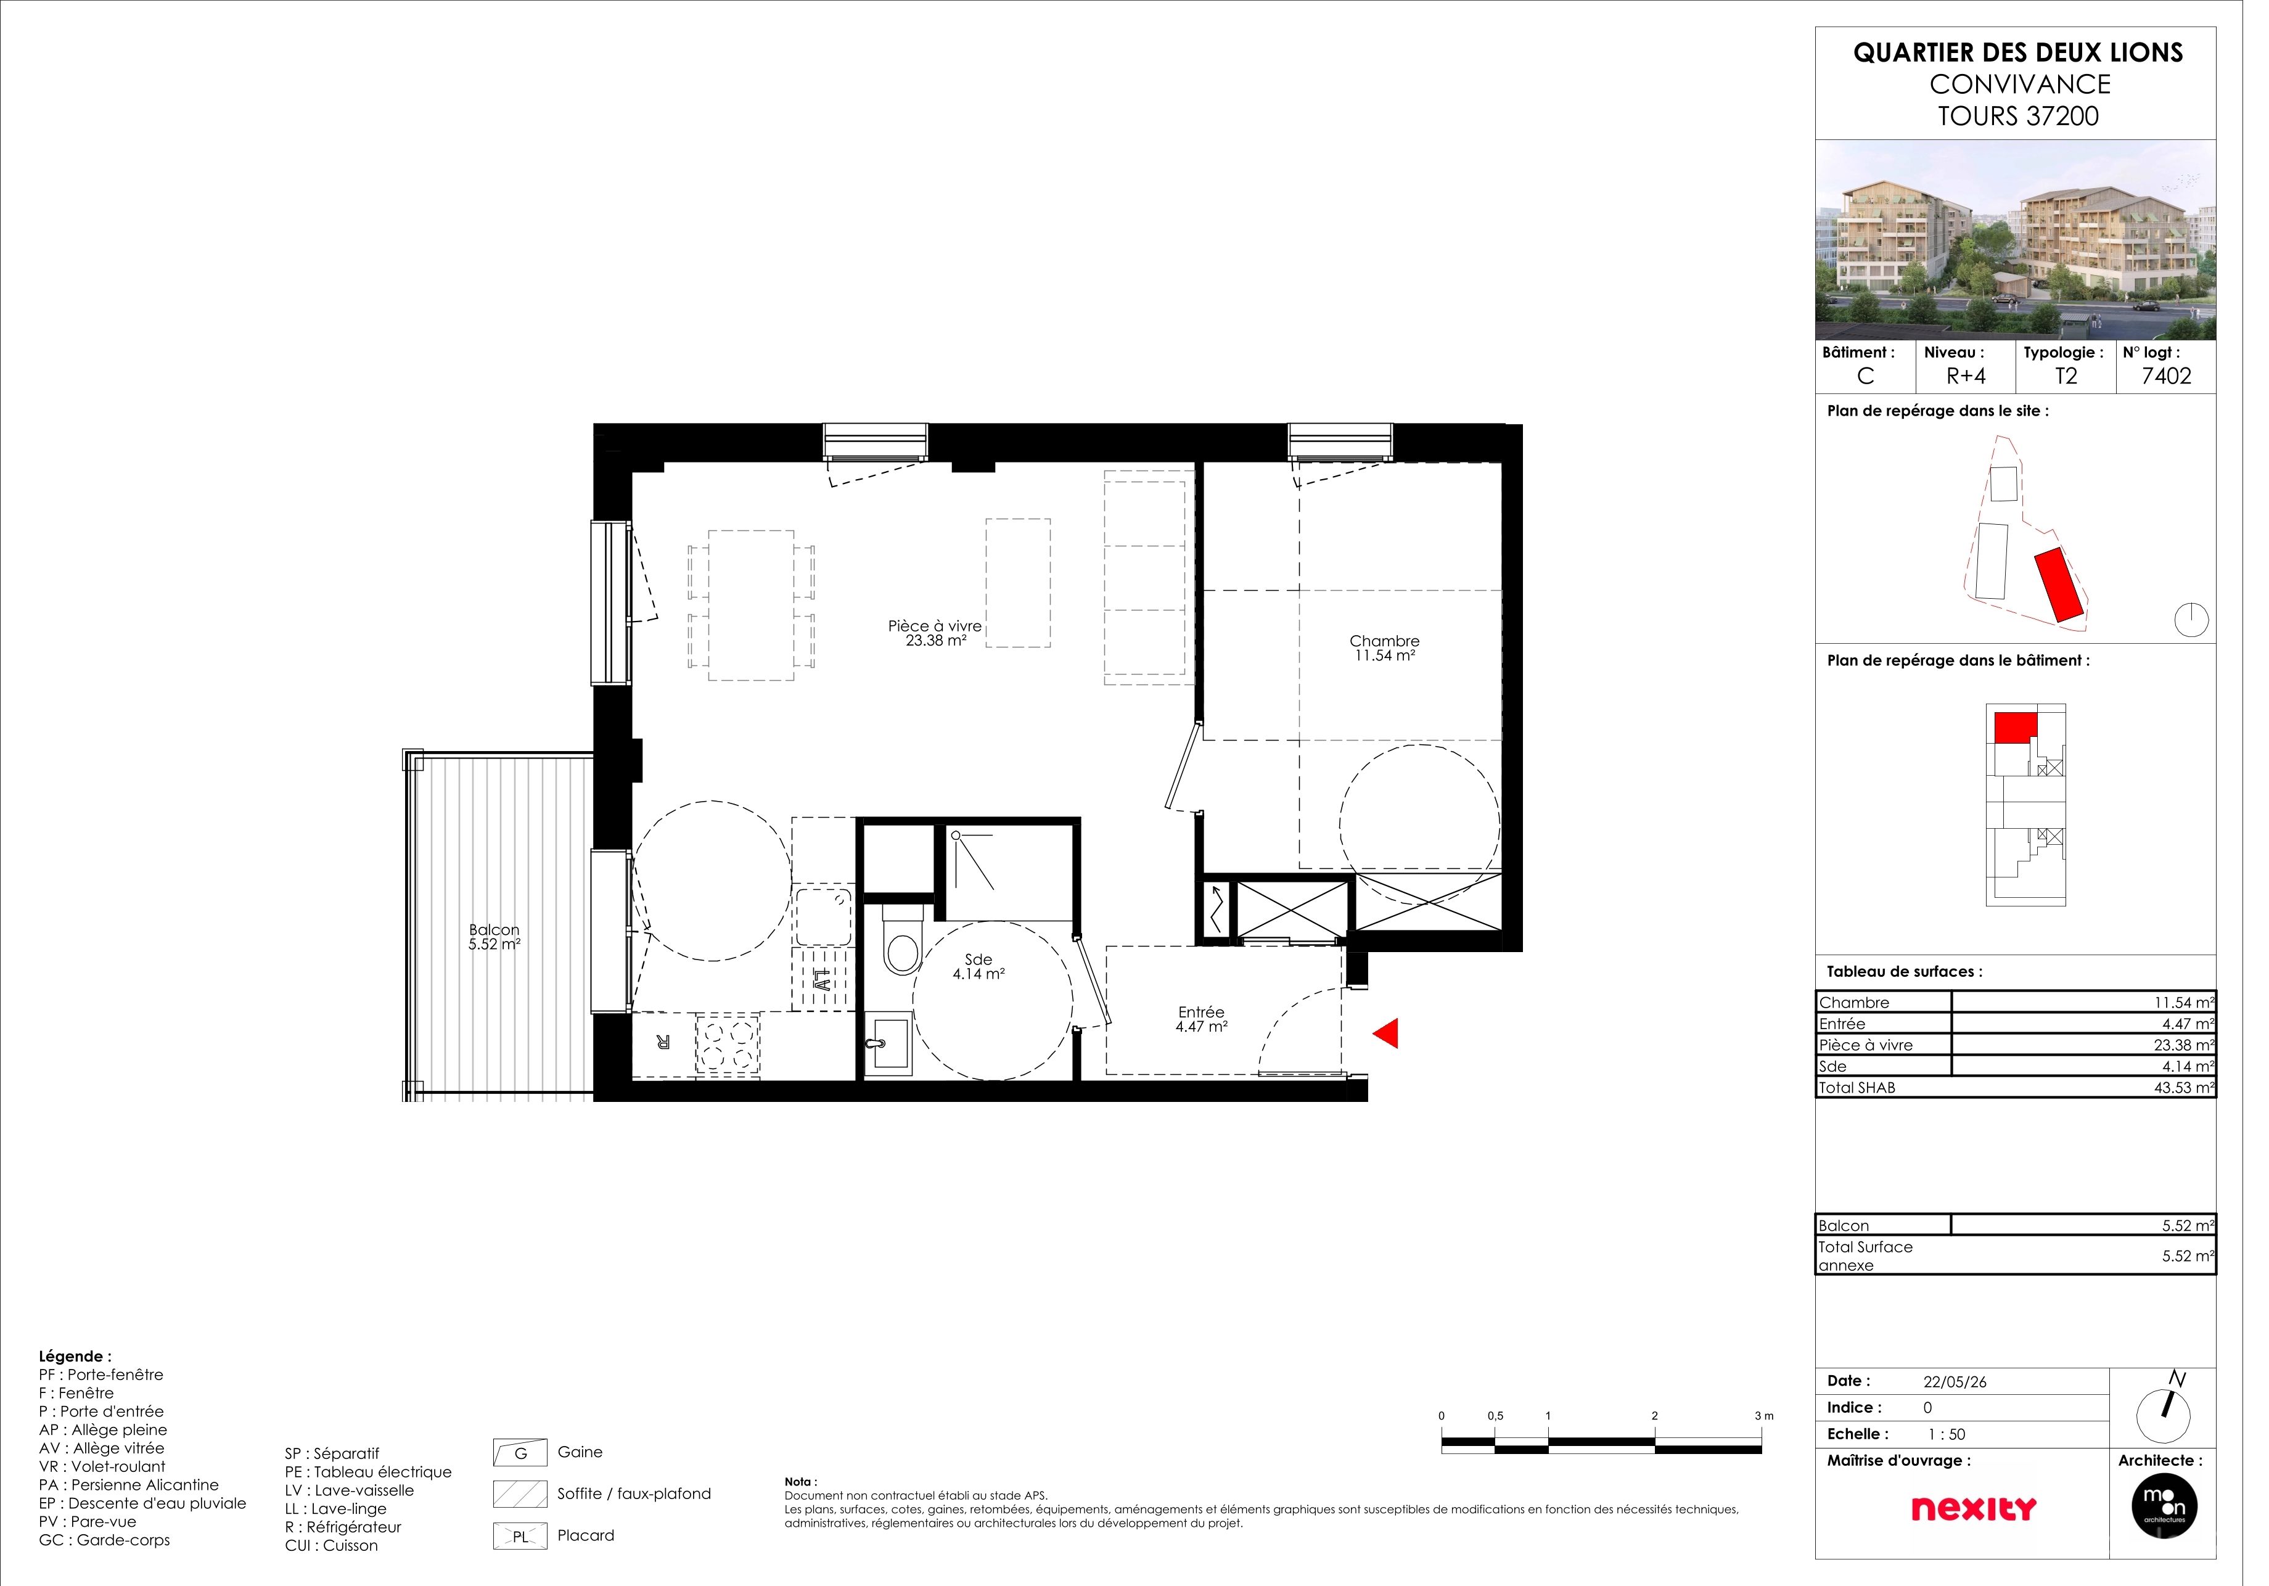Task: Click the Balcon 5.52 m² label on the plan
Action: coord(500,947)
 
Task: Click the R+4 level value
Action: coord(1988,380)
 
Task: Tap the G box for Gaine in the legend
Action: coord(526,1469)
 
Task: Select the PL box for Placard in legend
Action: coord(526,1553)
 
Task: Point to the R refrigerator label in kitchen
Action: coord(671,1053)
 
